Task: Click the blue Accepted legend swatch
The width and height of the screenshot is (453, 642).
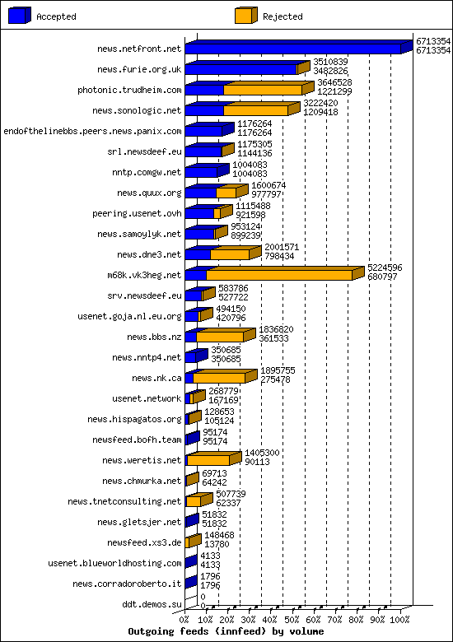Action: (x=20, y=16)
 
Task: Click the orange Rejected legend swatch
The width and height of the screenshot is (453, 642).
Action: (x=245, y=16)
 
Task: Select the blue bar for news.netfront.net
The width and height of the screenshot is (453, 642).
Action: (x=292, y=49)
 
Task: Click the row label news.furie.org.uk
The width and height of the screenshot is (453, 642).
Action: (x=138, y=70)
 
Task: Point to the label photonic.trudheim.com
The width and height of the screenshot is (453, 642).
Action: (x=129, y=91)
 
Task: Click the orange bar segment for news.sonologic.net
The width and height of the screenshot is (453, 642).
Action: (x=255, y=110)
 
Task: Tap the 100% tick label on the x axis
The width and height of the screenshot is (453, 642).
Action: (x=399, y=619)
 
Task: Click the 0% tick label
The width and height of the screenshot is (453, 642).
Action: (x=184, y=619)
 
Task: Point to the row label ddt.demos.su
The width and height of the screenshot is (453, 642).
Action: (x=152, y=604)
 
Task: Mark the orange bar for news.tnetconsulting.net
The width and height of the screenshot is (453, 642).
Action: (x=194, y=501)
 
